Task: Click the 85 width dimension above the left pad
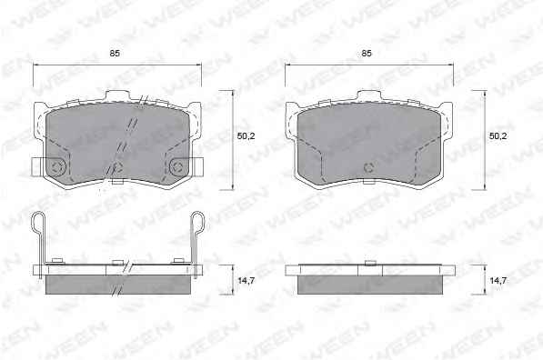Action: [115, 54]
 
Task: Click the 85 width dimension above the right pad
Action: [367, 54]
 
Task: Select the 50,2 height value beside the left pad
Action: [246, 136]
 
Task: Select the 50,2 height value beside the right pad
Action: [498, 136]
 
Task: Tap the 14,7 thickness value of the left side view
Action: [246, 281]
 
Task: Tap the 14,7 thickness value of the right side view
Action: [498, 281]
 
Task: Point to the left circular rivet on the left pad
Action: [56, 167]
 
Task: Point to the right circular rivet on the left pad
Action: [178, 167]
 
